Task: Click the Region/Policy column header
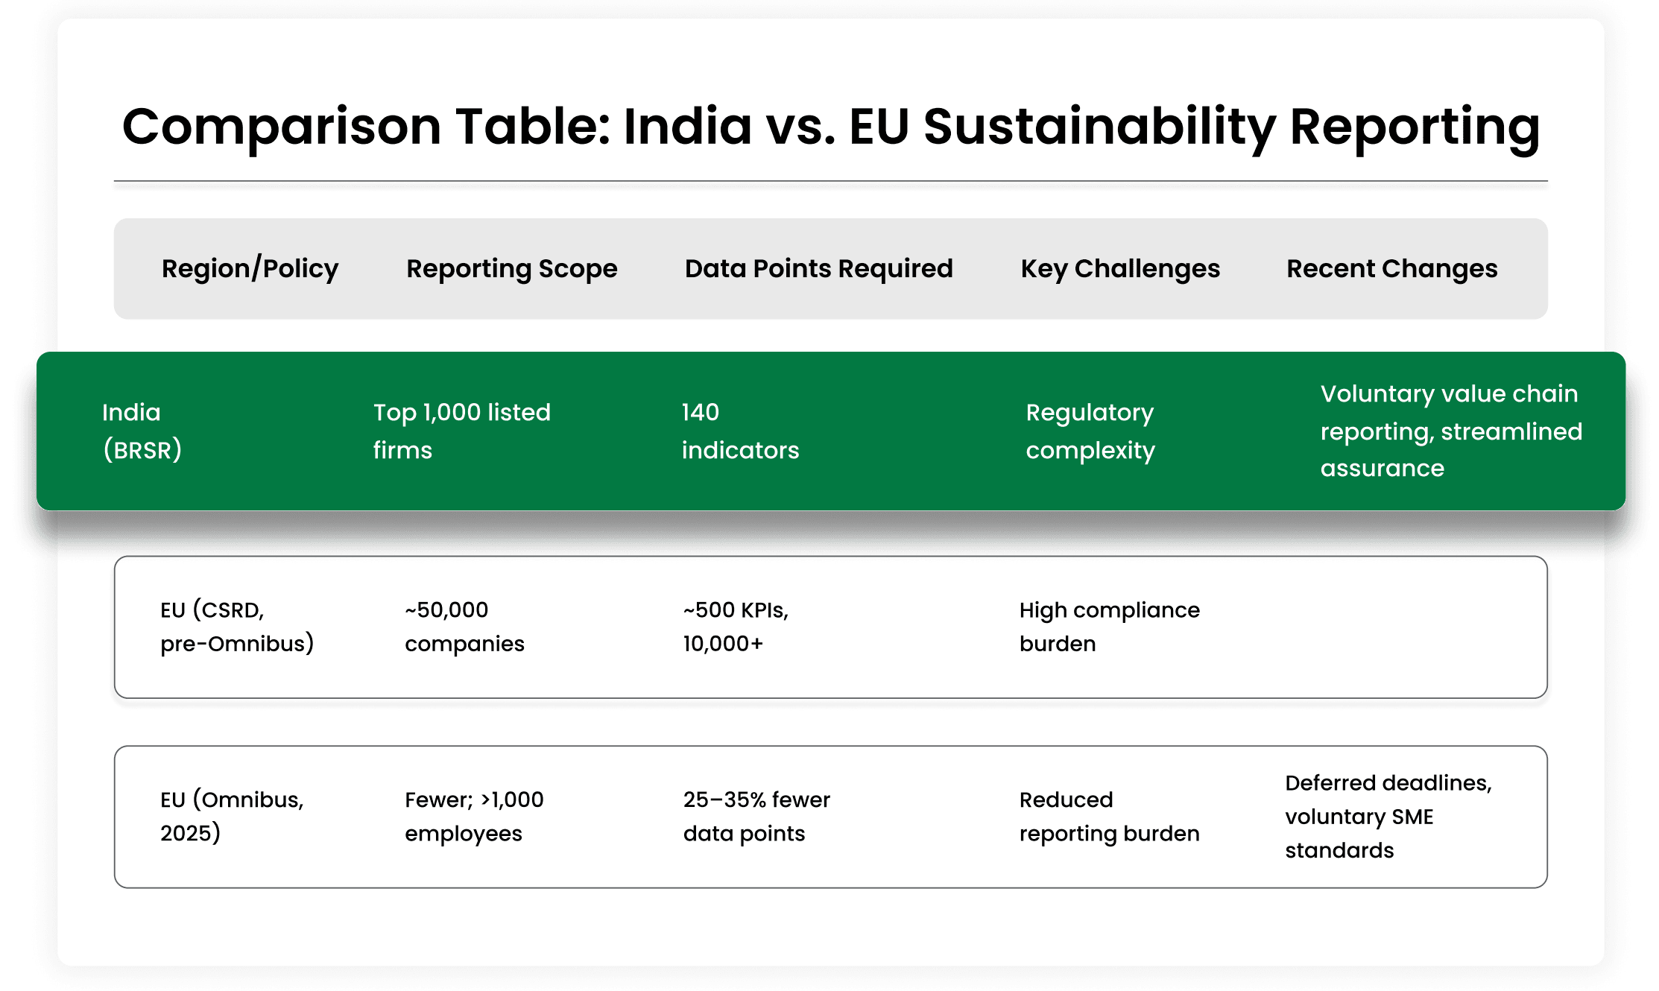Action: click(250, 268)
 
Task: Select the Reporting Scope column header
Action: click(511, 268)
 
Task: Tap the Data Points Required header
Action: click(818, 268)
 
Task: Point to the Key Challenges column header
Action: click(1120, 268)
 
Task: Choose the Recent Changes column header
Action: click(1391, 268)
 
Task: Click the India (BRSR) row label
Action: click(142, 431)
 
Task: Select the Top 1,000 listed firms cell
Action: click(461, 431)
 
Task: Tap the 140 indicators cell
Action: click(740, 431)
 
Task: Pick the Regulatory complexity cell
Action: click(1090, 431)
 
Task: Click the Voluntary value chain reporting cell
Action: click(1451, 431)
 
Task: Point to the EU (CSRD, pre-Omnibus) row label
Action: click(237, 627)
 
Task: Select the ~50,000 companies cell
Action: click(464, 627)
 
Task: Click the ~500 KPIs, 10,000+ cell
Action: click(736, 627)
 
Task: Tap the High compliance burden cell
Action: click(1109, 627)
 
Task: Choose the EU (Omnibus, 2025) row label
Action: click(232, 816)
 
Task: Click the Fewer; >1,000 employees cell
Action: click(474, 816)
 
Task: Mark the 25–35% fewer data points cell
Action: click(756, 816)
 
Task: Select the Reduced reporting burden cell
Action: click(1109, 816)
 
